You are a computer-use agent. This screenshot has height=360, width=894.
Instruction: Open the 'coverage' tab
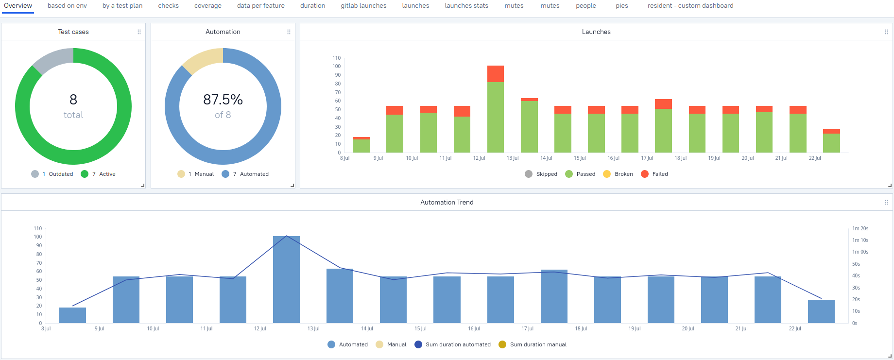click(207, 6)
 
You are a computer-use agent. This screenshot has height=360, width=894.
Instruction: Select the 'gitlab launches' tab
click(363, 6)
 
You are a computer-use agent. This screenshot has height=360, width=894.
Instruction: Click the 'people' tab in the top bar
click(585, 6)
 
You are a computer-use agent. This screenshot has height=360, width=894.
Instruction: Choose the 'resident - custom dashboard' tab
click(690, 6)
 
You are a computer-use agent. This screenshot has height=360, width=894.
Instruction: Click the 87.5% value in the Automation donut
click(223, 100)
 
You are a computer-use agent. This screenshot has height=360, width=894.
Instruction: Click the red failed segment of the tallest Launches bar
click(495, 74)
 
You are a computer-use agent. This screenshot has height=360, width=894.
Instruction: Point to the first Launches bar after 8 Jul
click(361, 145)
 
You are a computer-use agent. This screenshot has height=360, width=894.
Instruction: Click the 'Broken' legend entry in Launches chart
click(623, 174)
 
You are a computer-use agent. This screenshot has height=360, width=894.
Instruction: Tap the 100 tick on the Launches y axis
click(337, 67)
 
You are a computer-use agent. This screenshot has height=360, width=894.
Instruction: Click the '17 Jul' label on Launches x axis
click(647, 158)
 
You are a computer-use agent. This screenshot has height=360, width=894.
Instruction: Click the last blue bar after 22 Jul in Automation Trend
click(821, 311)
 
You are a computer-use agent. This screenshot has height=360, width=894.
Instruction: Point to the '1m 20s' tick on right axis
click(860, 228)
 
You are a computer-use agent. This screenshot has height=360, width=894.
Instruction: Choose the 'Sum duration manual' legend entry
click(538, 344)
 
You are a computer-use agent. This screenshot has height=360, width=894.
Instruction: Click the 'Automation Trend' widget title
click(447, 202)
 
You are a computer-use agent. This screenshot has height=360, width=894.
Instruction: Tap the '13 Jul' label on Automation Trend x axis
click(313, 329)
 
